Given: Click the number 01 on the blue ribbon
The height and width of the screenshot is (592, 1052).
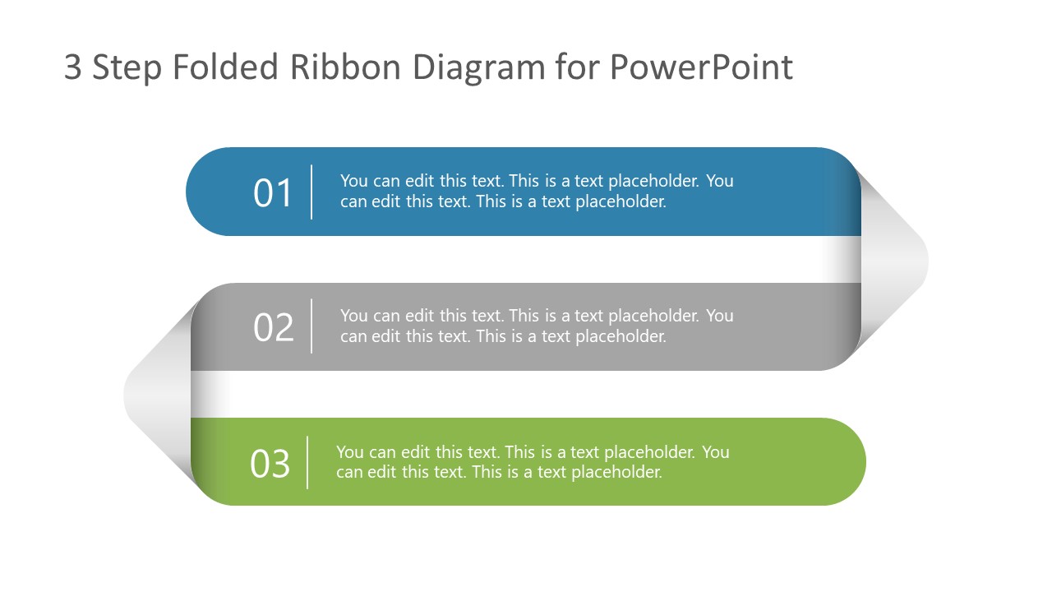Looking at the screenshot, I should click(x=273, y=193).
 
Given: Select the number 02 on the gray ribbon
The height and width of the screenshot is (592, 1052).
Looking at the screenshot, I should click(x=273, y=327).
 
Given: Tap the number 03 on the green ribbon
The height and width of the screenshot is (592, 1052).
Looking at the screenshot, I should click(x=270, y=464).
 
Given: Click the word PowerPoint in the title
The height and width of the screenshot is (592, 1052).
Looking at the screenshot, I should click(x=701, y=67).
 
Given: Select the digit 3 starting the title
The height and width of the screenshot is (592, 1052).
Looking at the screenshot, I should click(x=73, y=67).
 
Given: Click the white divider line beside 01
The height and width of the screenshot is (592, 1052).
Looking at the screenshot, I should click(x=311, y=192).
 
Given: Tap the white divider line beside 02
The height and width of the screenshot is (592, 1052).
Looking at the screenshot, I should click(x=311, y=326).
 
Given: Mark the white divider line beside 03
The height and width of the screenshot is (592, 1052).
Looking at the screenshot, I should click(x=307, y=463).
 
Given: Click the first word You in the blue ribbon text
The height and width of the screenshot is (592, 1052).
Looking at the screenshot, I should click(x=353, y=181).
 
